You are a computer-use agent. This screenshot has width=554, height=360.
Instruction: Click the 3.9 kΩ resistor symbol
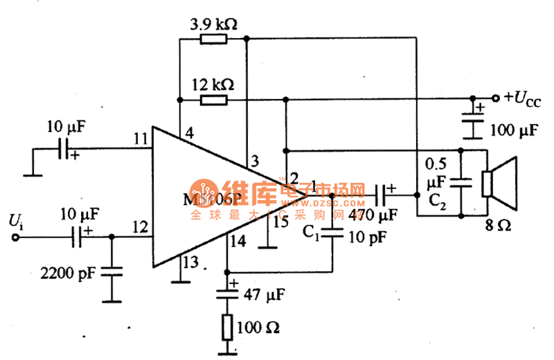(213, 39)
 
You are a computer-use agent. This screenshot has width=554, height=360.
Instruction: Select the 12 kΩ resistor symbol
(213, 100)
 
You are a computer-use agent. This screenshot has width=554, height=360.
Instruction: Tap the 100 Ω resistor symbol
(226, 326)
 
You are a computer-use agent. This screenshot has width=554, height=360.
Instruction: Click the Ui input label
(15, 221)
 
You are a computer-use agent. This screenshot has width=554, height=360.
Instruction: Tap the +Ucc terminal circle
(495, 98)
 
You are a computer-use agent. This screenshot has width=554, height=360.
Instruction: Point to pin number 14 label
(239, 242)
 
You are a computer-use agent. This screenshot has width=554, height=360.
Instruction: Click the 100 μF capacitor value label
(514, 129)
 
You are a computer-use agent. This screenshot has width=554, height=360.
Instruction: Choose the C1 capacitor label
(310, 234)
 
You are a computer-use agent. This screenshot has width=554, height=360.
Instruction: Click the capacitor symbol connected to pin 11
(64, 148)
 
